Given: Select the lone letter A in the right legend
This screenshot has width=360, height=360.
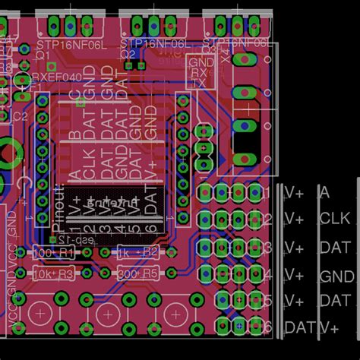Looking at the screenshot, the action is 326,193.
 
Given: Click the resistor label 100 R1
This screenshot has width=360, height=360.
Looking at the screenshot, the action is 55,251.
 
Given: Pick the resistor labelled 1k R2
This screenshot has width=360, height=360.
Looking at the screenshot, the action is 136,251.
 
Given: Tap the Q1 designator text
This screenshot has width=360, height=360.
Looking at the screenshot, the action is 43,55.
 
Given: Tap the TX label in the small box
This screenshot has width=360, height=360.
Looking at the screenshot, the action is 200,84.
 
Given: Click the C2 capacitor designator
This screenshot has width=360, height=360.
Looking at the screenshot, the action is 21,116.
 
